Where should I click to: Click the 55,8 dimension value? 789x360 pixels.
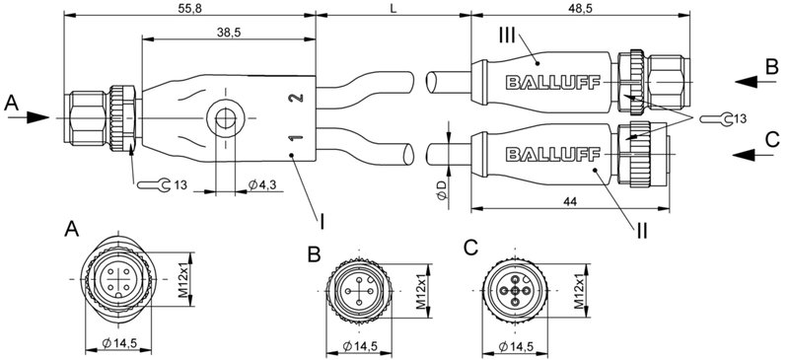(x=194, y=8)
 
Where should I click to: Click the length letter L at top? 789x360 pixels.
(x=394, y=8)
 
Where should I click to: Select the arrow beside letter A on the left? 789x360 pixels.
(x=35, y=116)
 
